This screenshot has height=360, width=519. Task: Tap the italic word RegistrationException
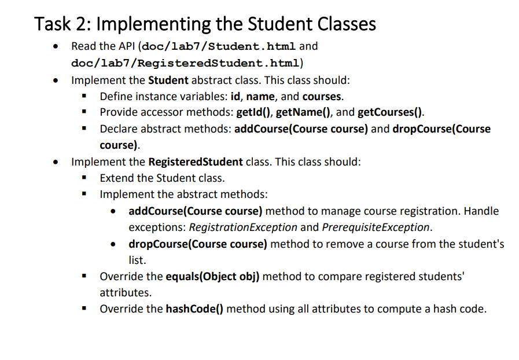242,227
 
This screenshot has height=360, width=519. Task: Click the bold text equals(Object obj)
213,277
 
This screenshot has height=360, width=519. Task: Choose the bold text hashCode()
194,309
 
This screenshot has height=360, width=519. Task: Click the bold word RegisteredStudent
196,161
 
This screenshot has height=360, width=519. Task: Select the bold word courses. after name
323,96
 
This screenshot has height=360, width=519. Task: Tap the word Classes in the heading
346,24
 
